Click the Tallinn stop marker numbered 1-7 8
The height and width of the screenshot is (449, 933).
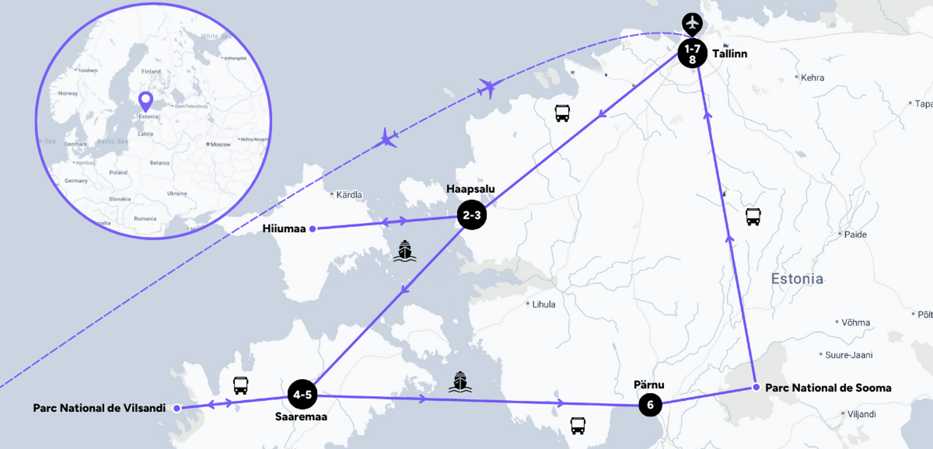[x=692, y=53]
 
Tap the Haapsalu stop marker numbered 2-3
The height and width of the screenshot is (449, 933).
[x=472, y=215]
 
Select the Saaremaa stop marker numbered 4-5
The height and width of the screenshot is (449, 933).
[x=302, y=394]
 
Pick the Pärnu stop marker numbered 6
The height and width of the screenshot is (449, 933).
[x=650, y=404]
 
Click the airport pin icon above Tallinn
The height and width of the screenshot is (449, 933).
[x=692, y=23]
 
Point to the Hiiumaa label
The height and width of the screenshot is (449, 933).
[x=284, y=229]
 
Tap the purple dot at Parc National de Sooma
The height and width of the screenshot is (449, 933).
[x=756, y=387]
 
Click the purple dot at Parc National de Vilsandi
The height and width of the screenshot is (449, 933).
[x=177, y=408]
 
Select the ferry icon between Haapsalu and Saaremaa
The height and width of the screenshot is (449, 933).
[x=405, y=251]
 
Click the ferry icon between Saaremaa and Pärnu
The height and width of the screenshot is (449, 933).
[x=460, y=382]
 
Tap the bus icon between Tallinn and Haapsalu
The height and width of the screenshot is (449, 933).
[x=562, y=113]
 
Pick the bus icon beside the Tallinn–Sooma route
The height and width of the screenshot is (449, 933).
[x=753, y=216]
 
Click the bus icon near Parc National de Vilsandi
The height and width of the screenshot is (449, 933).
[x=241, y=385]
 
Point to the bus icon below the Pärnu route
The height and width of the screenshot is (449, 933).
[x=578, y=425]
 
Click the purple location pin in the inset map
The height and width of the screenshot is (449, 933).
[x=146, y=101]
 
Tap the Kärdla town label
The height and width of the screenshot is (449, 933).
[x=349, y=195]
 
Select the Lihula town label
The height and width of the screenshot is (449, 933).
[x=543, y=304]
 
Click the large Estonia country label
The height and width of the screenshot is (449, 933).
[x=797, y=279]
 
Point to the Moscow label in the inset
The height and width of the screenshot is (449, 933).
[x=220, y=144]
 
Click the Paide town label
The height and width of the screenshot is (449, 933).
[x=855, y=235]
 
